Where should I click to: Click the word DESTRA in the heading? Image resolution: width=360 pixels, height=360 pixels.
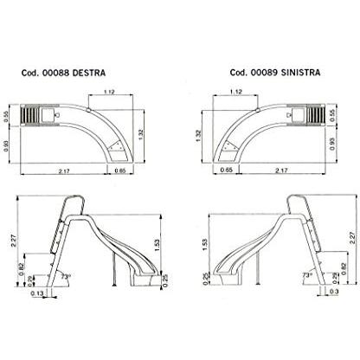89,73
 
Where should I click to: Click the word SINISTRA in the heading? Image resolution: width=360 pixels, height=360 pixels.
300,73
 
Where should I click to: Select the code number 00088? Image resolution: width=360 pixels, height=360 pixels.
55,73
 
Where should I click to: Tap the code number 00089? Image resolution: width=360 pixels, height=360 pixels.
264,73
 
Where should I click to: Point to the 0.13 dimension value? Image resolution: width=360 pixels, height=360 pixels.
37,293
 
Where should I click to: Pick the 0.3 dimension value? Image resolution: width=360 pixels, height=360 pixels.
333,292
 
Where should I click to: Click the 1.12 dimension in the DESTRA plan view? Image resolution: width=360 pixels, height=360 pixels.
109,92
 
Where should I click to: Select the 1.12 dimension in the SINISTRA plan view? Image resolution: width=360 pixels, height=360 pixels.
236,92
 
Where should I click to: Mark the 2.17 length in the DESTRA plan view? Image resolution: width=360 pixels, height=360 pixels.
64,171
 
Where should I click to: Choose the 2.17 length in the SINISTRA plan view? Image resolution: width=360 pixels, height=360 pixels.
281,170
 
